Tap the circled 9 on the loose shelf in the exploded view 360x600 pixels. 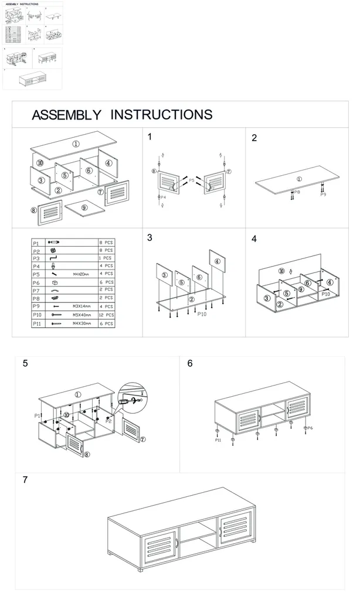click(84, 207)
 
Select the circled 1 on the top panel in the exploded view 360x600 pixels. click(76, 144)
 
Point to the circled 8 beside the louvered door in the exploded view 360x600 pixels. click(33, 211)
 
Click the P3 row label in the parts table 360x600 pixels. click(36, 257)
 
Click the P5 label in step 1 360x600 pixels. click(191, 181)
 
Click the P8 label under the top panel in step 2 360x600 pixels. click(297, 192)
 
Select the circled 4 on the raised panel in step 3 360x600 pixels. click(218, 261)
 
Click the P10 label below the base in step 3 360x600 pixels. click(202, 315)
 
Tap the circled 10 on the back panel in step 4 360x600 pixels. click(281, 271)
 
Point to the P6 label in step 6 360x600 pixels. click(310, 428)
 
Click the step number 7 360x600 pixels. click(25, 479)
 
